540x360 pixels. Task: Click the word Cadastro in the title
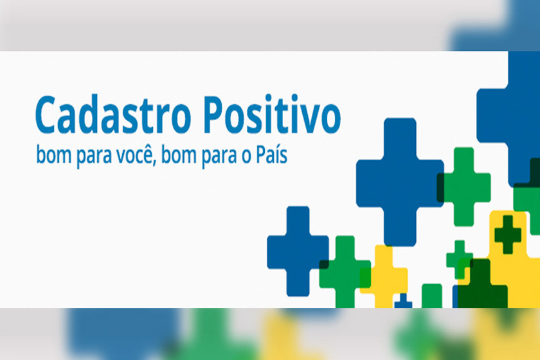[x=113, y=115]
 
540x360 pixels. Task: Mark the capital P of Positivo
[x=215, y=114]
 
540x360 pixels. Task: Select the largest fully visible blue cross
[x=400, y=182]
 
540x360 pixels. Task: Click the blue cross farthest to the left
[x=298, y=251]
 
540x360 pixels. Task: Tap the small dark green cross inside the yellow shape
[x=508, y=234]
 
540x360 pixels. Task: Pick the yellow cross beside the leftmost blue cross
[x=384, y=276]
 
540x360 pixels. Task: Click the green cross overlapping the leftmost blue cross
[x=345, y=272]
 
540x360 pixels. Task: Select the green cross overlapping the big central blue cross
[x=464, y=186]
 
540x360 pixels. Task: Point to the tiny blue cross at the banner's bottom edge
[x=403, y=301]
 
